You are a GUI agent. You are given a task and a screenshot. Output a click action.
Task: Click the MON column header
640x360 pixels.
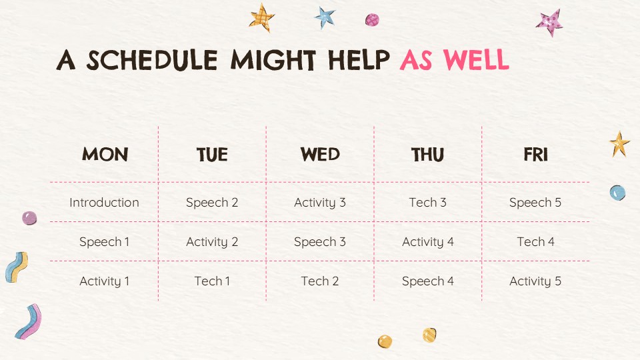coord(105,154)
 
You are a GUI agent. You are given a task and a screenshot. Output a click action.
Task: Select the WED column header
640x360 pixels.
coord(320,154)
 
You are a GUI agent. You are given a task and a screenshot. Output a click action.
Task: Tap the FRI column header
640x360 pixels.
coord(535,155)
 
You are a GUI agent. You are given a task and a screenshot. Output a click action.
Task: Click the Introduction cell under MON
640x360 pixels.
coord(104,203)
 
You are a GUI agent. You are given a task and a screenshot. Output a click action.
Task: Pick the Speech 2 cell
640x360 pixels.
coord(212,203)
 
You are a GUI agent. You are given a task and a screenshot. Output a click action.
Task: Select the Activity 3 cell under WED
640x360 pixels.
coord(319,203)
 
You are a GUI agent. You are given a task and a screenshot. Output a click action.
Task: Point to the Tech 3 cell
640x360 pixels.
coord(428,203)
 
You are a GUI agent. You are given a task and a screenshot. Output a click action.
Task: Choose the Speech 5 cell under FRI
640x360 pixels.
coord(535,203)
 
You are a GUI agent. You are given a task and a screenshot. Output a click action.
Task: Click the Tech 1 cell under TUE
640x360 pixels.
coord(212,281)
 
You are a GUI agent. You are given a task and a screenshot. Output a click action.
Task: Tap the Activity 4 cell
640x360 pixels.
coord(428,242)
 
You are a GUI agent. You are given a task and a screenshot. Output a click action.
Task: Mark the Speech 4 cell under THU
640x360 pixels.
coord(428,281)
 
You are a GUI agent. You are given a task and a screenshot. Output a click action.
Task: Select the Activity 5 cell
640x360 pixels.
coord(535,281)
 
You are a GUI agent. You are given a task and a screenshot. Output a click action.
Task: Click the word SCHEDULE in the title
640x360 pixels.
coord(152,60)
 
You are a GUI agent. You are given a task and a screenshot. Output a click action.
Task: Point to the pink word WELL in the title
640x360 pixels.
coord(476,59)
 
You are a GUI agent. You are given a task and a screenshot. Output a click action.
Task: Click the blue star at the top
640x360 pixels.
coord(325,18)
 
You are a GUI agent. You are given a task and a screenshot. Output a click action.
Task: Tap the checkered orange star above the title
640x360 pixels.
coord(261,17)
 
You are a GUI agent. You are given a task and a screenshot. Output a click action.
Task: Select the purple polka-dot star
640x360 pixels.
coord(550,23)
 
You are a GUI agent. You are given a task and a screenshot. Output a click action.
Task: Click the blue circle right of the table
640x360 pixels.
coord(617,193)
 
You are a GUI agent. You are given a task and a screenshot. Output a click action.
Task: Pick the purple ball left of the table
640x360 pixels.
coord(29,219)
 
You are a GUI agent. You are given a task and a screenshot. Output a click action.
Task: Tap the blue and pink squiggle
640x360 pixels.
coord(29,321)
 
